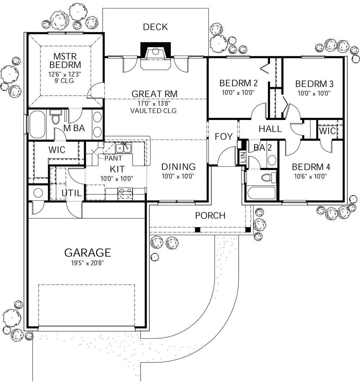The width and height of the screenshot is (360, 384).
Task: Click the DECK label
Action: coord(155,27)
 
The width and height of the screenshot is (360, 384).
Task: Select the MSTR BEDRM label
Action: coord(65,60)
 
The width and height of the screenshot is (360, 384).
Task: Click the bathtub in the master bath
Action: coord(37,125)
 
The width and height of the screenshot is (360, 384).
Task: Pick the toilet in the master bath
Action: coord(55,118)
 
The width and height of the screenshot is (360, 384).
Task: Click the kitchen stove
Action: coord(125,193)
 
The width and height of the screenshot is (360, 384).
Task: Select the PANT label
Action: coord(114,158)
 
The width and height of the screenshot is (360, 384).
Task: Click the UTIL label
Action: coord(72,193)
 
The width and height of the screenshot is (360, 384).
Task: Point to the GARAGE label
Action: coord(88,252)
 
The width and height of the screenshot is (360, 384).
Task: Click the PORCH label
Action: coord(210,215)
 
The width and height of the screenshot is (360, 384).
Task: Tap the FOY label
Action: coord(224,136)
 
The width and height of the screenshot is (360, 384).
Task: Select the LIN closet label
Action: coord(243,157)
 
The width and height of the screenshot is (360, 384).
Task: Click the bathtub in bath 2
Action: coord(261,193)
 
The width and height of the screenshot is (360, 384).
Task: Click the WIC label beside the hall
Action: coord(327,131)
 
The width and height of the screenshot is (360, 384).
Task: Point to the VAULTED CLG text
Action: coord(153,110)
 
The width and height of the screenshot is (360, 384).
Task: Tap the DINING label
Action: coord(178,167)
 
